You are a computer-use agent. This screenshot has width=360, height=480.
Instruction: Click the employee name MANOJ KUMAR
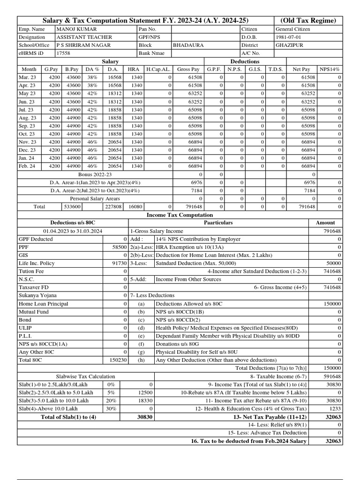coord(73,29)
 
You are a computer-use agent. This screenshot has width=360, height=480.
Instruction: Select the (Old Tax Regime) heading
coord(308,21)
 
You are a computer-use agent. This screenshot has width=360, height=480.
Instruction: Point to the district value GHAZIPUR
coord(290,45)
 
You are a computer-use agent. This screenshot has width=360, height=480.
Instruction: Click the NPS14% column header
coord(330,69)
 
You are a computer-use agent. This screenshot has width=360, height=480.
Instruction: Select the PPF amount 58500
coord(120,247)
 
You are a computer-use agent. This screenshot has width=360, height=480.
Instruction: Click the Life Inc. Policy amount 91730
coord(120,263)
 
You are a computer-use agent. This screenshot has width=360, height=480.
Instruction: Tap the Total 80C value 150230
coord(117,360)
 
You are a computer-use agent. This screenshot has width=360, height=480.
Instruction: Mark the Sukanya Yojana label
coord(37,296)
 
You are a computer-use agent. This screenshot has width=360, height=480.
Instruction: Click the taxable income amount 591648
coord(332,376)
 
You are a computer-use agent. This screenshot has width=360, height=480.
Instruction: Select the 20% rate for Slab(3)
coord(111,401)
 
